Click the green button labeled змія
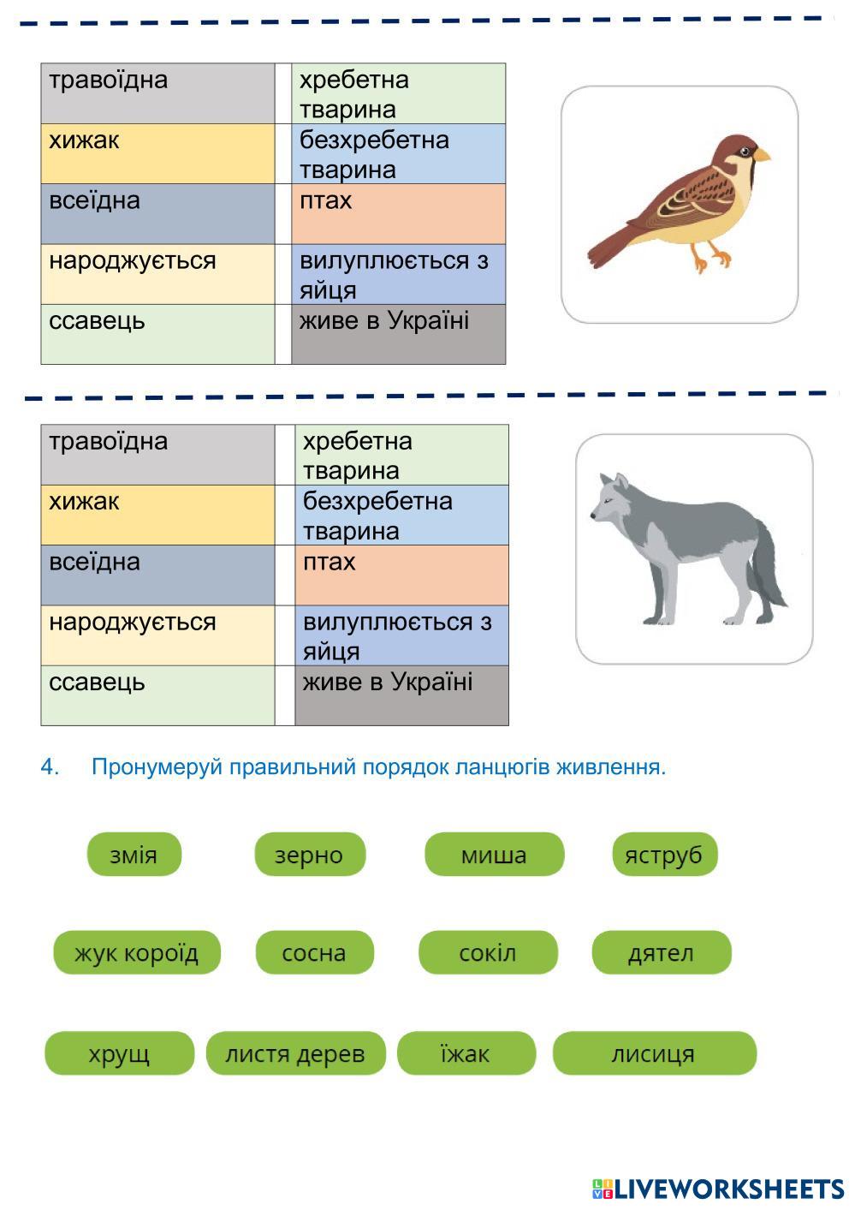point(134,855)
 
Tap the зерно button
point(310,855)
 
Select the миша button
point(494,855)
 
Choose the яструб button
point(664,855)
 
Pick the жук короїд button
point(137,953)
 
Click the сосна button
point(314,953)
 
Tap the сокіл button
point(488,953)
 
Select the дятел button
point(661,953)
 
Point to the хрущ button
point(119,1053)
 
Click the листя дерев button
point(295,1053)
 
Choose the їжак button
point(466,1053)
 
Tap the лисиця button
point(654,1053)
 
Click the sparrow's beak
point(761,155)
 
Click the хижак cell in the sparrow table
point(157,153)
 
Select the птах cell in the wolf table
point(401,575)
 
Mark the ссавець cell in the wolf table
point(157,694)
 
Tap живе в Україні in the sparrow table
point(398,333)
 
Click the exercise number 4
point(50,767)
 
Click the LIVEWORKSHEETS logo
point(717,1189)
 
